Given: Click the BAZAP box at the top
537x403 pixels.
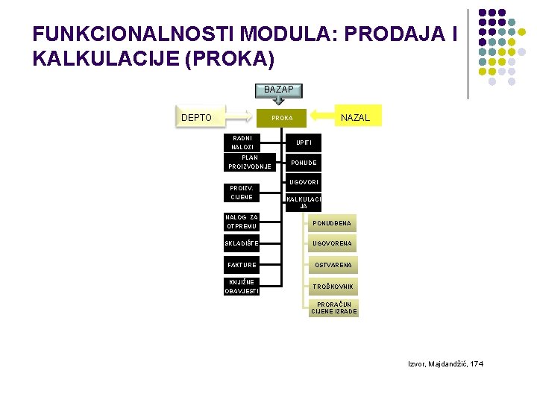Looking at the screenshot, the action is coord(279,90).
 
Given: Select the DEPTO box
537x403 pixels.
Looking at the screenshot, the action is coord(197,117).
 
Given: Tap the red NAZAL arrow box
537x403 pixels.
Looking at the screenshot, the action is coord(354,117).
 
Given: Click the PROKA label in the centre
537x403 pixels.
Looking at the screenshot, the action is coord(282,118).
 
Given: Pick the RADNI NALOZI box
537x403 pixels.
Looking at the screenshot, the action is coord(242,143).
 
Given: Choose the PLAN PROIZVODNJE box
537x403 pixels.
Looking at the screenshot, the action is coord(249,162).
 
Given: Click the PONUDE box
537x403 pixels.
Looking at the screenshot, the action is coord(304,163).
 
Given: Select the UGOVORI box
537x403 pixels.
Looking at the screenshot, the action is coord(304,183).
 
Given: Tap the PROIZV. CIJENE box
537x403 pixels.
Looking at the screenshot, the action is coord(241,193).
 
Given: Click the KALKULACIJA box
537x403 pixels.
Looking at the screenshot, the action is coord(304,202).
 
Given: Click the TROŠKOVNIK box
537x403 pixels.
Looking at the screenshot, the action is coord(333,287).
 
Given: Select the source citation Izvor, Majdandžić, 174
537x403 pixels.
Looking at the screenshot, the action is coord(445,363).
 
